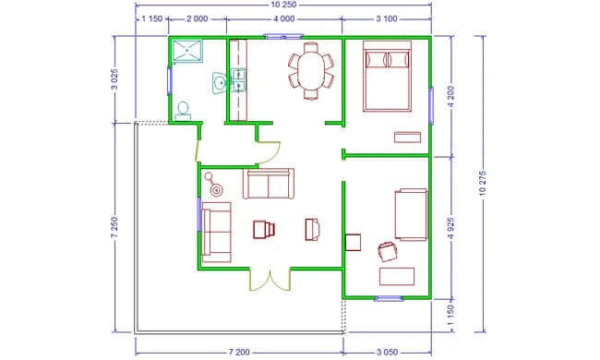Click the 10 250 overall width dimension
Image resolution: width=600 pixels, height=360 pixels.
pyautogui.click(x=283, y=5)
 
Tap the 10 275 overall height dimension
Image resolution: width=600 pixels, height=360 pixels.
pyautogui.click(x=483, y=184)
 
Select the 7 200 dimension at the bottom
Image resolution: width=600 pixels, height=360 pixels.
pyautogui.click(x=239, y=352)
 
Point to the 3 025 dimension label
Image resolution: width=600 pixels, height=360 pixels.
pyautogui.click(x=114, y=79)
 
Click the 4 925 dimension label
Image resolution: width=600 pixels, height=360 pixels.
pyautogui.click(x=450, y=228)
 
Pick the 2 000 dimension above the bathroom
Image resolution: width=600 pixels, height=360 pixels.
pyautogui.click(x=197, y=18)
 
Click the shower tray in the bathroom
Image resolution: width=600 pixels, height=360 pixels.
pyautogui.click(x=187, y=51)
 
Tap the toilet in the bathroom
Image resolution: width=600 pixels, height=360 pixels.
pyautogui.click(x=183, y=112)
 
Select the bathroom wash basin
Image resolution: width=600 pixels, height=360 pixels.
pyautogui.click(x=220, y=83)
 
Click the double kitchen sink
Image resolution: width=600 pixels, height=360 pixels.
pyautogui.click(x=238, y=80)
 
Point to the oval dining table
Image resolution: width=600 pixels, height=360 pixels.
pyautogui.click(x=311, y=71)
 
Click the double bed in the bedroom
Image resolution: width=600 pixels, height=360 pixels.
pyautogui.click(x=388, y=76)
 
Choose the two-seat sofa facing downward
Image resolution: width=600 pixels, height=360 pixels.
pyautogui.click(x=269, y=184)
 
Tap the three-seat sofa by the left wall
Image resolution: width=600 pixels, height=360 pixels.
pyautogui.click(x=216, y=233)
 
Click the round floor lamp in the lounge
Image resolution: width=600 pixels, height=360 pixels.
pyautogui.click(x=214, y=185)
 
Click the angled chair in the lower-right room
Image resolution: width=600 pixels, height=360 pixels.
pyautogui.click(x=388, y=252)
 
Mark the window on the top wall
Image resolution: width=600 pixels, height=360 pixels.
pyautogui.click(x=283, y=37)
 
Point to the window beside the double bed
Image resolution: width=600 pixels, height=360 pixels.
pyautogui.click(x=431, y=105)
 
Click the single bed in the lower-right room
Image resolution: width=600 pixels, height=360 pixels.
pyautogui.click(x=412, y=215)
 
